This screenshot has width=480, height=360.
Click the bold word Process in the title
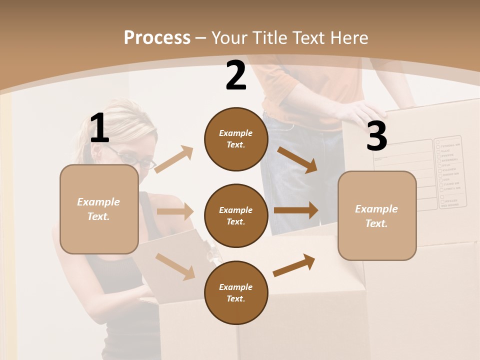tap(157, 37)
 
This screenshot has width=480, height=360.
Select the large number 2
tap(236, 75)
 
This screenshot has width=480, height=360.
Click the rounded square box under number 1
tap(99, 209)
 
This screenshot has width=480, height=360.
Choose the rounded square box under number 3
tap(377, 216)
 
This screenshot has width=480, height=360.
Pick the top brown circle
tap(236, 139)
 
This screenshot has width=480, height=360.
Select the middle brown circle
tap(236, 215)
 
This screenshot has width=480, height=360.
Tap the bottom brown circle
tap(236, 292)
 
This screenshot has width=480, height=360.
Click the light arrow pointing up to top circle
tap(173, 159)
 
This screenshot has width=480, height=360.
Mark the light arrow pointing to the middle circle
tap(175, 211)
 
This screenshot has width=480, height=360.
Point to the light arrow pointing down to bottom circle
tap(175, 266)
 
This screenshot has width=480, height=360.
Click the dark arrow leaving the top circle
tap(297, 159)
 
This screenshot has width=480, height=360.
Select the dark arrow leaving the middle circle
tap(296, 210)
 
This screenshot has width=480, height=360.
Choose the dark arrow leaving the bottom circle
tap(294, 264)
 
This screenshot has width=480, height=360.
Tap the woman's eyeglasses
tap(138, 159)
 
